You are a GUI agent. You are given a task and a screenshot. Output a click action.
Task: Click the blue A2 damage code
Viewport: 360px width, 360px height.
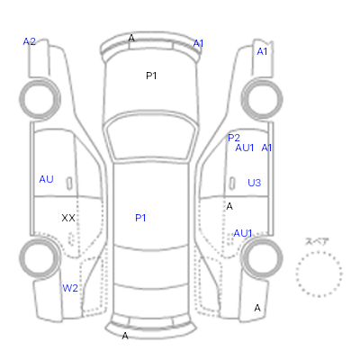[x=30, y=41]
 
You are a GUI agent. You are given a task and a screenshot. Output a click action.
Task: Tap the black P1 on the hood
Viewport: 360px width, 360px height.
[x=151, y=76]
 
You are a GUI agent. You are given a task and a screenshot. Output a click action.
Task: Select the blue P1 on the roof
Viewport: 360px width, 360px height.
[x=140, y=218]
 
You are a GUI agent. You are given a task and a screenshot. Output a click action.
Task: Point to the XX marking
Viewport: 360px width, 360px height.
[x=68, y=218]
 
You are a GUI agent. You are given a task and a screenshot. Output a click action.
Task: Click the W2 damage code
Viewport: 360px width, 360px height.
[x=70, y=288]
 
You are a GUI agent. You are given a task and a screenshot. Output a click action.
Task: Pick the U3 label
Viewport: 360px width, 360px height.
[x=255, y=183]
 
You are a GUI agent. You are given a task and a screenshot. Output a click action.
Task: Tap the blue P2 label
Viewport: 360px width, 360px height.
[x=234, y=138]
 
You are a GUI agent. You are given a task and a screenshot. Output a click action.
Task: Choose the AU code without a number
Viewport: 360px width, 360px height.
[x=46, y=179]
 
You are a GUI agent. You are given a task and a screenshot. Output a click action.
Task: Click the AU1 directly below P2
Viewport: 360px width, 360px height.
[x=245, y=148]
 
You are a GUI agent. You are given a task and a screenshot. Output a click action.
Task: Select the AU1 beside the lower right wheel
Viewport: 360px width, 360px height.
[x=243, y=233]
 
